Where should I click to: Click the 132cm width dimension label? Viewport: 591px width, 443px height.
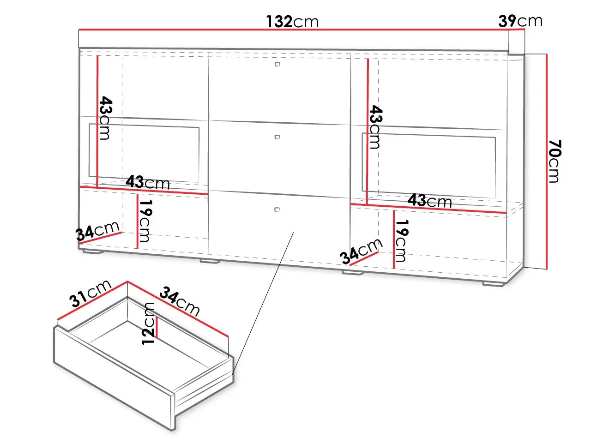pos(292,22)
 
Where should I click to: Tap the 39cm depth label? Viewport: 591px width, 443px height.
pos(520,21)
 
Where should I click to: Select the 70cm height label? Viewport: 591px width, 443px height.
pos(555,161)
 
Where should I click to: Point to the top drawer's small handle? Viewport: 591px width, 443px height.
pos(277,64)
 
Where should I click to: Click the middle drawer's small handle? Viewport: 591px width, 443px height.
pos(277,137)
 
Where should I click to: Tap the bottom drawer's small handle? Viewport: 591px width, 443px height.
pos(277,209)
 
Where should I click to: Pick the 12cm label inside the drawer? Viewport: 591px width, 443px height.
pos(148,323)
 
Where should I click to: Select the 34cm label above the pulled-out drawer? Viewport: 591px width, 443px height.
pos(180,301)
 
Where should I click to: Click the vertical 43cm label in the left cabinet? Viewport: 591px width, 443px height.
pos(106,118)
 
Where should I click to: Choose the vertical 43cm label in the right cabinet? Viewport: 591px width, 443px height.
pos(376,127)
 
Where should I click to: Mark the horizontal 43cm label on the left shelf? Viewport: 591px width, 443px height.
pos(148,182)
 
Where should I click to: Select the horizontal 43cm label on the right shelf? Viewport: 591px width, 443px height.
pos(430,201)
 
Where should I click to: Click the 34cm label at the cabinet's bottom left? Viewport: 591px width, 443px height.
pos(97,231)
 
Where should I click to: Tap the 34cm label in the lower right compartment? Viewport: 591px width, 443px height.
pos(361,251)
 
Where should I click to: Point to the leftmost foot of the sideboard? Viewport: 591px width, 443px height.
pos(93,252)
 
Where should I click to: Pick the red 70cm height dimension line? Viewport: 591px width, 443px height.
pos(547,162)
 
